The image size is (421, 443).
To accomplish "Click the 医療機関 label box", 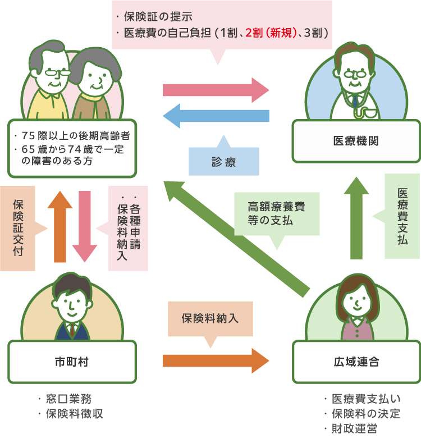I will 356,141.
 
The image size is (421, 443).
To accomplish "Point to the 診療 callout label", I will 223,162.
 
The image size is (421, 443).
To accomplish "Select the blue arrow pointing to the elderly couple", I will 216,116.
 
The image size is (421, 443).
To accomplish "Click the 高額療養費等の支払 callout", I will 276,213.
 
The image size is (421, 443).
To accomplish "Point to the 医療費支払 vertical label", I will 402,216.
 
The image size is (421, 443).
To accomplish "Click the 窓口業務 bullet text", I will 70,399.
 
